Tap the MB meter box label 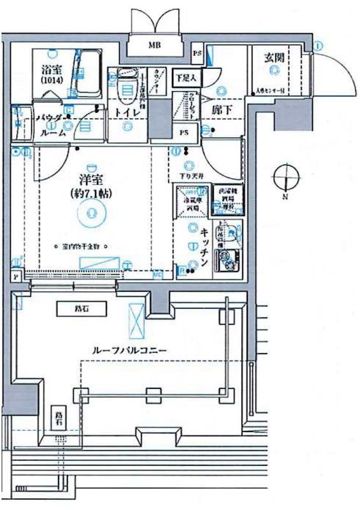pos(154,45)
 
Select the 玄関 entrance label pos(275,57)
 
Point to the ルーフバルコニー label pos(122,350)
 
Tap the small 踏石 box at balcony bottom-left pos(59,417)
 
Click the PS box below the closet pos(184,133)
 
